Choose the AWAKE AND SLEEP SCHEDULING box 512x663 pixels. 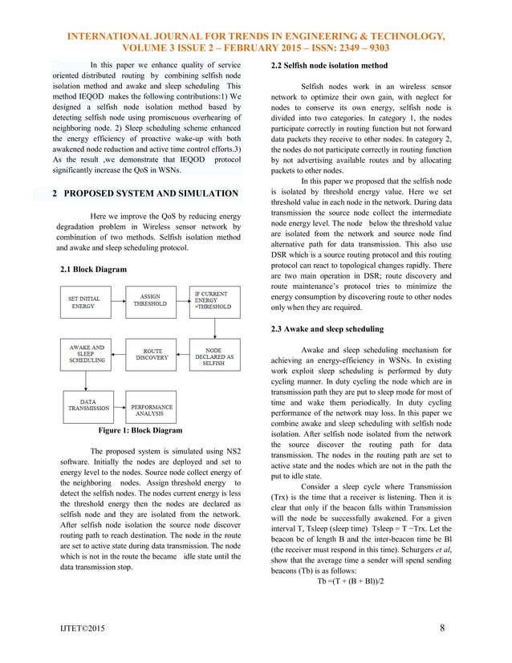(x=87, y=356)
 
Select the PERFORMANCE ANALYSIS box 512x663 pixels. (x=152, y=408)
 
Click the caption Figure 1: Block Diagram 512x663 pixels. (x=140, y=431)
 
